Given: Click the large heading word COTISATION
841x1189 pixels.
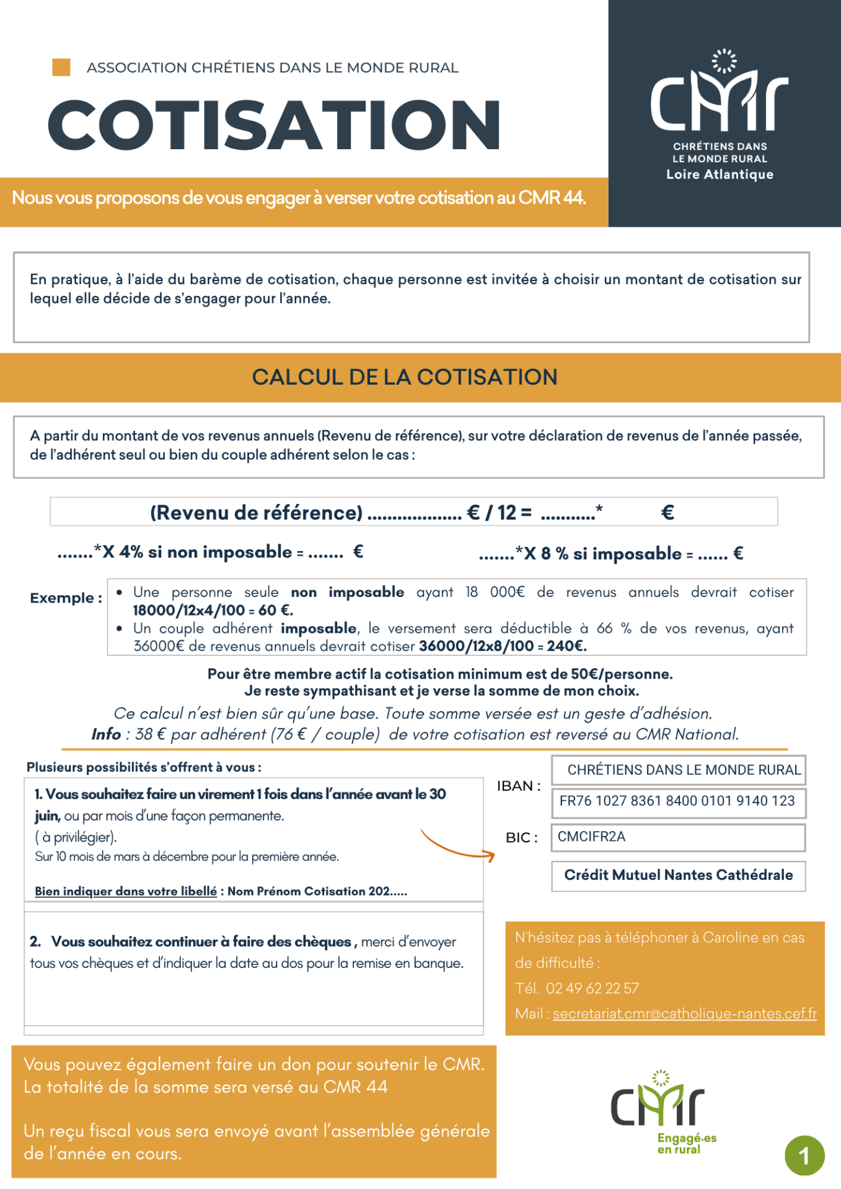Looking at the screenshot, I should pyautogui.click(x=274, y=125).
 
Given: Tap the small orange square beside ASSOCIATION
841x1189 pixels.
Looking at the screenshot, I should pyautogui.click(x=61, y=68).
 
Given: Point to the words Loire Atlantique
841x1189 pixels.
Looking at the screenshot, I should pyautogui.click(x=720, y=175).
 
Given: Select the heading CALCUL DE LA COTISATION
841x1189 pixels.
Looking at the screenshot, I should pyautogui.click(x=405, y=377).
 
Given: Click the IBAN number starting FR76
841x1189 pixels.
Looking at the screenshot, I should pyautogui.click(x=677, y=801).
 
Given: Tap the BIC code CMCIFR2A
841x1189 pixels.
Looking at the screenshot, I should pyautogui.click(x=591, y=837).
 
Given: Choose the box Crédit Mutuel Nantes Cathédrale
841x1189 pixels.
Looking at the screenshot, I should pyautogui.click(x=678, y=875).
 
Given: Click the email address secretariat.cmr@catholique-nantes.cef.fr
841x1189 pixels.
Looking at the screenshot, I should pyautogui.click(x=684, y=1014).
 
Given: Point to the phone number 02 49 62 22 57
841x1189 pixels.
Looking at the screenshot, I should pyautogui.click(x=592, y=988).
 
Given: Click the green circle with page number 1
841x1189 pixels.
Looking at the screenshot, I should pyautogui.click(x=804, y=1156).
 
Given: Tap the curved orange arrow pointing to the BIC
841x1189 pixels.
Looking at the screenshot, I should pyautogui.click(x=457, y=847).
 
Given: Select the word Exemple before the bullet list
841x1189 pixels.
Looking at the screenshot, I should pyautogui.click(x=62, y=598).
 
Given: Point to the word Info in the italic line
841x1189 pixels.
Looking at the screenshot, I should pyautogui.click(x=106, y=734).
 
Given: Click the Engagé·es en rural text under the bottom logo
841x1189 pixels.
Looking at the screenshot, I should pyautogui.click(x=687, y=1144).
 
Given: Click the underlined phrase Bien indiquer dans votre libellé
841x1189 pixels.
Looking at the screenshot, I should pyautogui.click(x=126, y=891).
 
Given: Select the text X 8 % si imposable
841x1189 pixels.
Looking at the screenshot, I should pyautogui.click(x=602, y=554).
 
